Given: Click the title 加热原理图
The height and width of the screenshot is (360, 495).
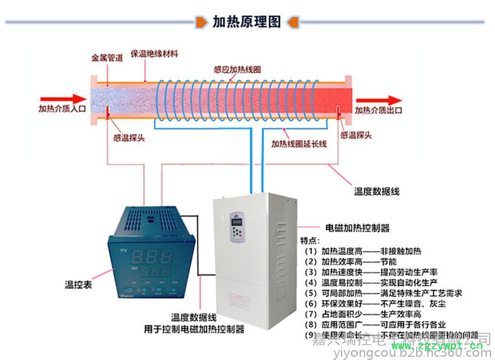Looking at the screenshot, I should [x=246, y=23].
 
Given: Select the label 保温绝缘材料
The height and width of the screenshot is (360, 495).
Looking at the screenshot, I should [x=154, y=54].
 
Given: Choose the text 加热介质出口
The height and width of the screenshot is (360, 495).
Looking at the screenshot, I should [x=378, y=110].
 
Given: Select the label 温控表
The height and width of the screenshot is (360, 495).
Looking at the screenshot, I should [x=79, y=285].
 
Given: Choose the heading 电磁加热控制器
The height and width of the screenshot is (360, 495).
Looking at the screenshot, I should [x=357, y=228].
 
